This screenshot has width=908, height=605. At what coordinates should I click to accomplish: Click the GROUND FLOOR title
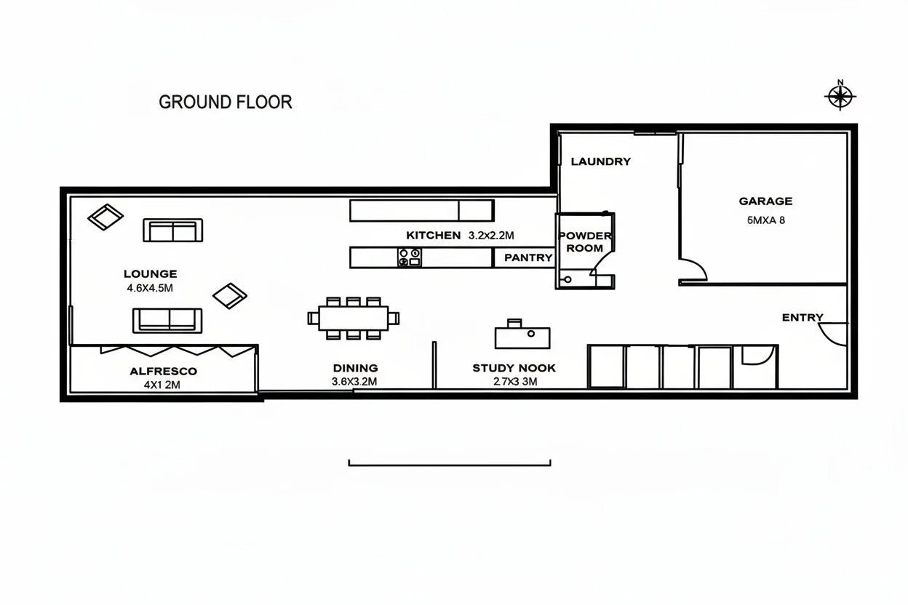(226, 102)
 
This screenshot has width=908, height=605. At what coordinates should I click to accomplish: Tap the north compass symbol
(840, 95)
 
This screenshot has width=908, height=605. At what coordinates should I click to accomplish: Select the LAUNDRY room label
(600, 161)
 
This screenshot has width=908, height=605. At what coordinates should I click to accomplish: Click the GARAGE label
(765, 201)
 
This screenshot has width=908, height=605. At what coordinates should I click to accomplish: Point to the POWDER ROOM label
(585, 242)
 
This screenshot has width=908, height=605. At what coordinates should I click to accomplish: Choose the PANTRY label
(528, 257)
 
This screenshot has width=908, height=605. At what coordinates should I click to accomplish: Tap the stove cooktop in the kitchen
(410, 257)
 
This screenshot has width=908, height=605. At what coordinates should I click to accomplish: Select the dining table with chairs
(354, 318)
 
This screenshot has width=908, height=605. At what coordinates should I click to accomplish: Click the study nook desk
(522, 337)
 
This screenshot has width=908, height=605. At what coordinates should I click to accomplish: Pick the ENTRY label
(803, 318)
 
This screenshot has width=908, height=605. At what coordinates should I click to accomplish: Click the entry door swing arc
(833, 333)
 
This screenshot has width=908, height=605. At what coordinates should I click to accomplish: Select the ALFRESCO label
(163, 371)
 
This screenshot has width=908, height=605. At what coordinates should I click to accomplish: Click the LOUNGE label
(150, 274)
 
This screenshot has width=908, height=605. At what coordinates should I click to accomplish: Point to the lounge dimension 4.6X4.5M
(150, 288)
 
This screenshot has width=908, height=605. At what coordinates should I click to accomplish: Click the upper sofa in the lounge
(172, 231)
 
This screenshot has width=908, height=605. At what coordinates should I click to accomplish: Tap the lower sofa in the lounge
(167, 320)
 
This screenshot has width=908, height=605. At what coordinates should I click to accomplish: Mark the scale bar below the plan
(450, 462)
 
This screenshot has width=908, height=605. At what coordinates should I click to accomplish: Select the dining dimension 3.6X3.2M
(354, 382)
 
